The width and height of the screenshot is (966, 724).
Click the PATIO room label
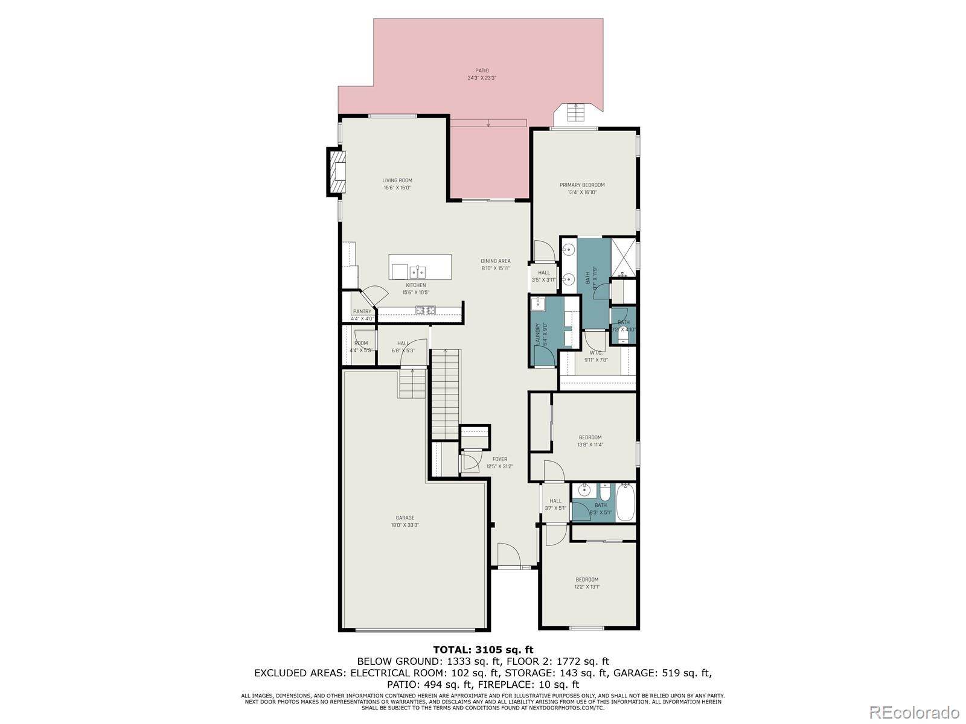(481, 71)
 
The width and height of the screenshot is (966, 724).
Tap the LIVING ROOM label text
(397, 180)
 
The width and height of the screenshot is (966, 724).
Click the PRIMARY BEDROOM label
(582, 185)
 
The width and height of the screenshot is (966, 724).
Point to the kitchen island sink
(417, 271)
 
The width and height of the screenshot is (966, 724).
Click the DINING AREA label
(496, 261)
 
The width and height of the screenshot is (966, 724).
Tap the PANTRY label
(362, 311)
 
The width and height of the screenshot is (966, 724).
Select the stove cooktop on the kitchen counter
(425, 310)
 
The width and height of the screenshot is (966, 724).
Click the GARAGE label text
(405, 518)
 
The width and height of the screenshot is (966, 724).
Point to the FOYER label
(500, 459)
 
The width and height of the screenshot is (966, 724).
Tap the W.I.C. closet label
(596, 352)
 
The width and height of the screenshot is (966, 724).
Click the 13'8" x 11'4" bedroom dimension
(590, 445)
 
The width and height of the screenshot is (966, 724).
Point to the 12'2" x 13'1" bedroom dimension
(587, 586)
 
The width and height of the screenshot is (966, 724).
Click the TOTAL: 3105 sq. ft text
(483, 650)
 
